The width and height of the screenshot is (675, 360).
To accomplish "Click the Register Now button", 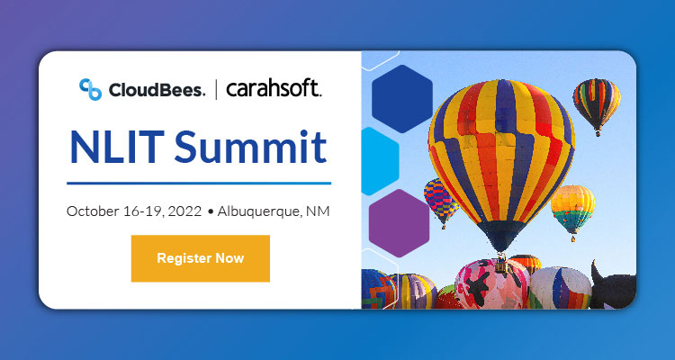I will pos(200,258).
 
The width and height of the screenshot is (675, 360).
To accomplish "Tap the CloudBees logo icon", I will pos(90,88).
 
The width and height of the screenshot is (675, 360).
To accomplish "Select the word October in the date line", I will pos(93,212).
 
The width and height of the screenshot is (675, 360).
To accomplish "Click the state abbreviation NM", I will pos(318,212).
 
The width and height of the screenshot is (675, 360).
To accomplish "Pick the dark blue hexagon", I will pos(401,99).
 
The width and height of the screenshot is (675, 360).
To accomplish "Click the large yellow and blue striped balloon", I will pos(500,153).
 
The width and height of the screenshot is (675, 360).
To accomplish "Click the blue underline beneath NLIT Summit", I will pos(200,183).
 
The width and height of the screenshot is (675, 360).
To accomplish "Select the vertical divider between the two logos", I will pos(215,88).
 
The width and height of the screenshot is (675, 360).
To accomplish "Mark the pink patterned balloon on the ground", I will pos(490,283).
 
